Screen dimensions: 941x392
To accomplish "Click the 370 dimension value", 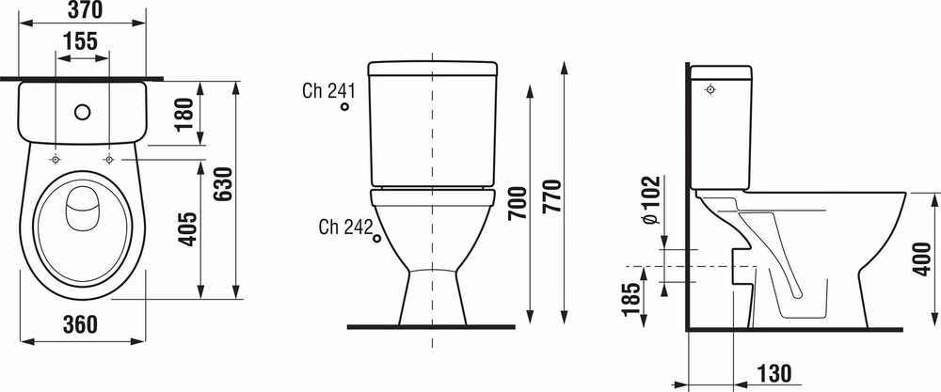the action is tap(83, 9).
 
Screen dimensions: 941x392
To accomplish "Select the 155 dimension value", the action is tap(80, 41).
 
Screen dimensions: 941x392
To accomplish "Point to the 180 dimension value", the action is tap(185, 114).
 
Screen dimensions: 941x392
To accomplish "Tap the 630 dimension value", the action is tap(223, 184).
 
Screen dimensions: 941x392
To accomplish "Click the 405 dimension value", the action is tap(188, 228).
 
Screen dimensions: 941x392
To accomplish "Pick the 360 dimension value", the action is tap(80, 324).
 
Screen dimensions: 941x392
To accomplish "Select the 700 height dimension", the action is tap(518, 203).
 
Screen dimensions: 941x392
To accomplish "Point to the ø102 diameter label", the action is tap(650, 201).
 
